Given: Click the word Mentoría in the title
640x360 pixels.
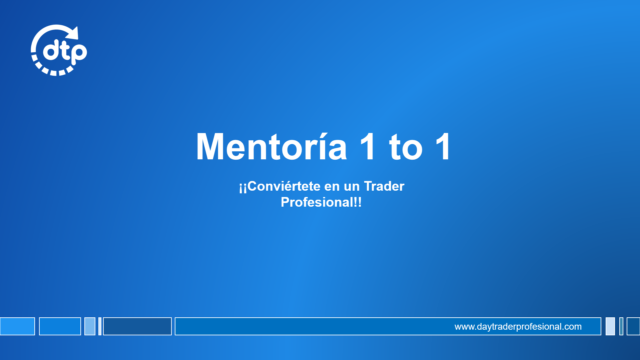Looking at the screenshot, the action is coord(271,146).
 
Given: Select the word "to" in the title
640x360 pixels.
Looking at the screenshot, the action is coord(406,147).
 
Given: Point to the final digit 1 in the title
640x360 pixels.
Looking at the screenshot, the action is coord(443,146).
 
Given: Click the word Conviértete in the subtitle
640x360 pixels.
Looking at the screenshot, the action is coord(284,186).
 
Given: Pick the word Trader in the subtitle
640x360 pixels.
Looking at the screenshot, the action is coord(384,186).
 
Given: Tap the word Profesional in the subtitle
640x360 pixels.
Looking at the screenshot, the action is coord(317,202).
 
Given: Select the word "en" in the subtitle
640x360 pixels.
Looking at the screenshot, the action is coord(332,187).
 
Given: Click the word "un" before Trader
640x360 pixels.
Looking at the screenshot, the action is coord(352,187).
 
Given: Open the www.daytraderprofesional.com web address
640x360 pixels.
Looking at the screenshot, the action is coord(518,327).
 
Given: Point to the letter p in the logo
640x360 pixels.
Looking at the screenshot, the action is coord(79,53).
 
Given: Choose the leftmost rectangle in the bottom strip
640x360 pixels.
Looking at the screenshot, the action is coord(17,326).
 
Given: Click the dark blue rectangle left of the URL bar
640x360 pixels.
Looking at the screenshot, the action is coord(137,326).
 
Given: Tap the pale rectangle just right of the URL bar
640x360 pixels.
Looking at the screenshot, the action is coord(610,326).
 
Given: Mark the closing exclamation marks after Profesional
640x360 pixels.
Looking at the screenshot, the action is coord(358,202).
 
